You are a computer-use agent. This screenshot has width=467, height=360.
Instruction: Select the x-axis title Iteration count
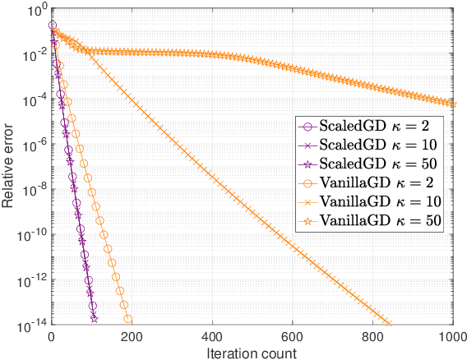point(252,352)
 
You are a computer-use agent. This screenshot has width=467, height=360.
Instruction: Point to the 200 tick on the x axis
point(132,337)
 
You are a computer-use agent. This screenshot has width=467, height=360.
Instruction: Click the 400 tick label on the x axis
point(213,337)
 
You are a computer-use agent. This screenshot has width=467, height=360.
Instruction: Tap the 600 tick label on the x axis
point(293,337)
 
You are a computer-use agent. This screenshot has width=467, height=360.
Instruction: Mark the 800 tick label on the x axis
point(373,337)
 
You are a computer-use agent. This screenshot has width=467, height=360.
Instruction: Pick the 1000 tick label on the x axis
point(451,337)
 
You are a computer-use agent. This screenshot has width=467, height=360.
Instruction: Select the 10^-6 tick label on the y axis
point(34,145)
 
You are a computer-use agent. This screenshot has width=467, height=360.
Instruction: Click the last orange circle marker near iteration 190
point(127,319)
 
